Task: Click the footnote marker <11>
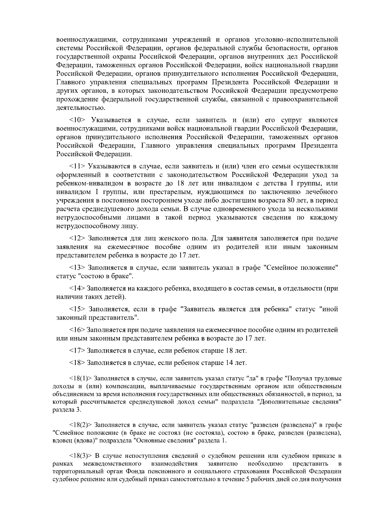pyautogui.click(x=77, y=166)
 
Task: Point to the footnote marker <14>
pyautogui.click(x=77, y=288)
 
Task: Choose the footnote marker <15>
pyautogui.click(x=77, y=309)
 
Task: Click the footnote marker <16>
pyautogui.click(x=77, y=330)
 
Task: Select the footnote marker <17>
pyautogui.click(x=77, y=350)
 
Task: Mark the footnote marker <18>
pyautogui.click(x=77, y=363)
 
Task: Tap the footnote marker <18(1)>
pyautogui.click(x=81, y=379)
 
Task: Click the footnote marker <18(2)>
pyautogui.click(x=81, y=425)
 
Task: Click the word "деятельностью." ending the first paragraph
pyautogui.click(x=81, y=108)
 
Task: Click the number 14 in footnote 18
pyautogui.click(x=230, y=363)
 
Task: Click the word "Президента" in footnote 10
pyautogui.click(x=319, y=146)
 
